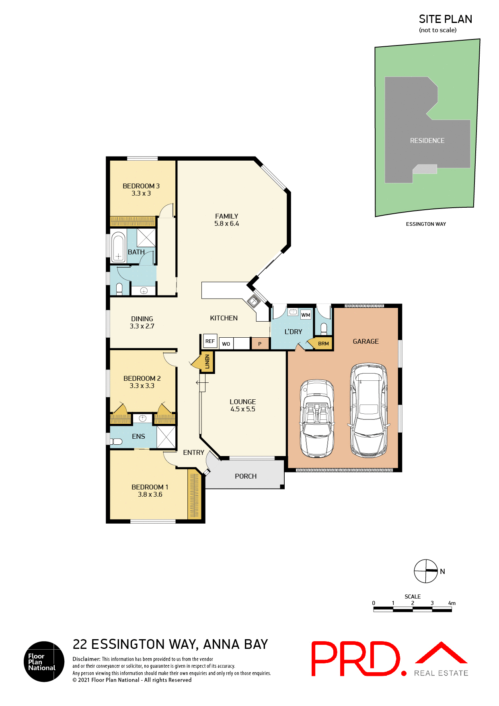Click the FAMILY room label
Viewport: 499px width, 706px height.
point(226,216)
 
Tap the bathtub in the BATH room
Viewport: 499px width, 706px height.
point(118,247)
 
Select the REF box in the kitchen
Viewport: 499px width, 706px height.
point(210,341)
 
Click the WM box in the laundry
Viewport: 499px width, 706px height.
point(306,315)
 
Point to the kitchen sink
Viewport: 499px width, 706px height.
point(254,301)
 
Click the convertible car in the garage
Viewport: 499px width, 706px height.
point(317,419)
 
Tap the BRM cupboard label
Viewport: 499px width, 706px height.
point(323,344)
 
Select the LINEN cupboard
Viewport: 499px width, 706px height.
point(207,361)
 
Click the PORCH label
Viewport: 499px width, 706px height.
point(246,476)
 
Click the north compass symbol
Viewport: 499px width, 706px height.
point(426,571)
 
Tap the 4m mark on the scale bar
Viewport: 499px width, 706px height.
point(452,603)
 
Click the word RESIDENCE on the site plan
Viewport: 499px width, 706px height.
point(427,140)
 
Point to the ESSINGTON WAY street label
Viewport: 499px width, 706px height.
point(426,224)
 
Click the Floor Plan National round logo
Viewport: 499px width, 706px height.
point(44,661)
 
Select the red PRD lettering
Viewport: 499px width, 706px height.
point(356,659)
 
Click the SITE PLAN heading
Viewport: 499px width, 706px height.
point(445,19)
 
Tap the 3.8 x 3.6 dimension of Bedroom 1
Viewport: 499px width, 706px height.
point(150,494)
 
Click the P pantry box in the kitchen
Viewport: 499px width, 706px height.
point(260,344)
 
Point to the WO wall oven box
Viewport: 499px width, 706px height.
point(226,344)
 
